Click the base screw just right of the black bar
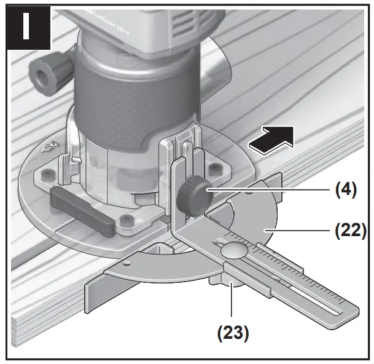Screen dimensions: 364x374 [x=127, y=219]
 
